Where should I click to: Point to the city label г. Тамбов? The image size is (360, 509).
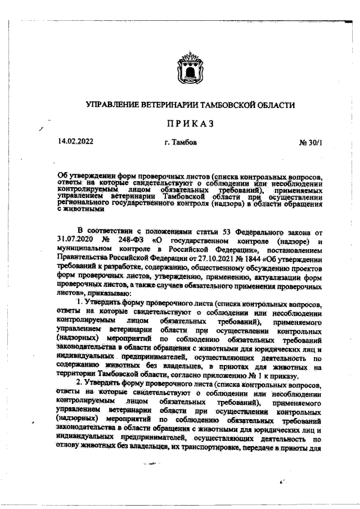point(181,142)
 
